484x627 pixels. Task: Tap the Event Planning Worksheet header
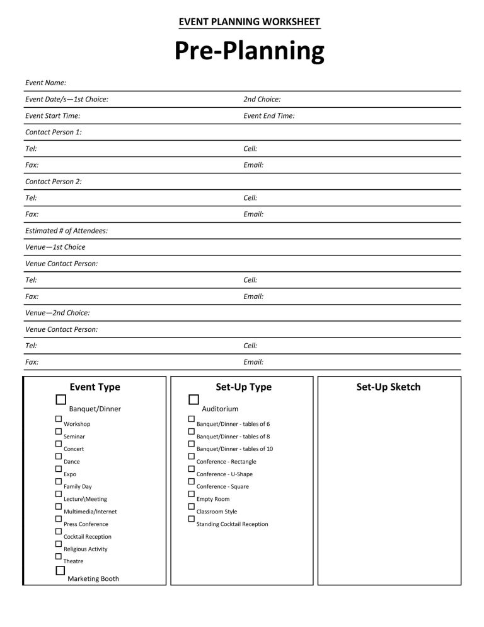[250, 22]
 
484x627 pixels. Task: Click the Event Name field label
[45, 83]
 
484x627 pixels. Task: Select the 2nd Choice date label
[262, 99]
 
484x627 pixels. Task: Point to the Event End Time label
[268, 115]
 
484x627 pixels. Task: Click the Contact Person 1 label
[53, 132]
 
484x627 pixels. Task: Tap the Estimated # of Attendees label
[66, 231]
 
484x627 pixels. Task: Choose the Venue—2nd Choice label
[57, 313]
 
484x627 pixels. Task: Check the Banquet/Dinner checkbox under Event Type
[60, 399]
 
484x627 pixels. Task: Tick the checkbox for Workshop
[58, 419]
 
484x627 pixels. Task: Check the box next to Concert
[58, 443]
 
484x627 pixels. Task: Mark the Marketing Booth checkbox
[60, 570]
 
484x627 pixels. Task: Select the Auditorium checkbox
[193, 399]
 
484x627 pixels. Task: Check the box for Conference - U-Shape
[191, 469]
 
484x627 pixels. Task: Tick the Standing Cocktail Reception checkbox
[191, 519]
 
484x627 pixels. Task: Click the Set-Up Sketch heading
[388, 387]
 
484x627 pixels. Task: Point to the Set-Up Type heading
[243, 387]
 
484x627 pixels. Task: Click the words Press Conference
[86, 524]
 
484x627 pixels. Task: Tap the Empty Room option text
[213, 499]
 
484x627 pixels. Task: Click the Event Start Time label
[52, 115]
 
